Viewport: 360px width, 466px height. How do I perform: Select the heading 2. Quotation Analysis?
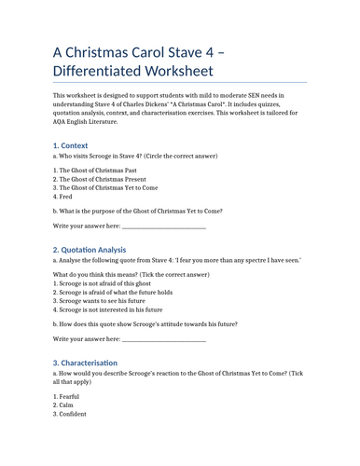(x=90, y=250)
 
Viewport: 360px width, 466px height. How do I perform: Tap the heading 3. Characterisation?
(x=86, y=362)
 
